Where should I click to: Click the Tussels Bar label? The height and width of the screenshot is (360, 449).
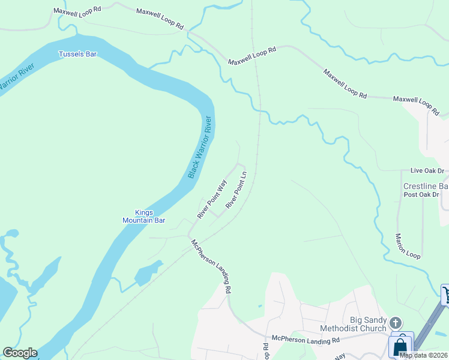click(x=77, y=54)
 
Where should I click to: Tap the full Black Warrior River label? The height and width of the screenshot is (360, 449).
click(x=200, y=146)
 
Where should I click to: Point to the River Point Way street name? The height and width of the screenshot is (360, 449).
click(x=212, y=199)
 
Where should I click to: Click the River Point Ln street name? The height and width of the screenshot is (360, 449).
click(x=236, y=190)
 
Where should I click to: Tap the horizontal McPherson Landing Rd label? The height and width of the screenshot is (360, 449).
click(x=305, y=340)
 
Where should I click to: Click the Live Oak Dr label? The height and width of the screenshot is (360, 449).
click(x=427, y=171)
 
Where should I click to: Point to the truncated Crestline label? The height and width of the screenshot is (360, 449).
click(x=426, y=187)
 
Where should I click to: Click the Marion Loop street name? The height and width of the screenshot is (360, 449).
click(x=408, y=246)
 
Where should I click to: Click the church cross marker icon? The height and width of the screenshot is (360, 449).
click(x=396, y=323)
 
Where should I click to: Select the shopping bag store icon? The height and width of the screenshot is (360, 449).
click(x=400, y=346)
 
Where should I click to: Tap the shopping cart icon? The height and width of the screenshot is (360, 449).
click(x=445, y=295)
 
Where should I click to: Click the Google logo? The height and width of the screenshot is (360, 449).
click(x=20, y=353)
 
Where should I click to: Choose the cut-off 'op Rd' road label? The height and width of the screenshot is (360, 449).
click(x=264, y=352)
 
